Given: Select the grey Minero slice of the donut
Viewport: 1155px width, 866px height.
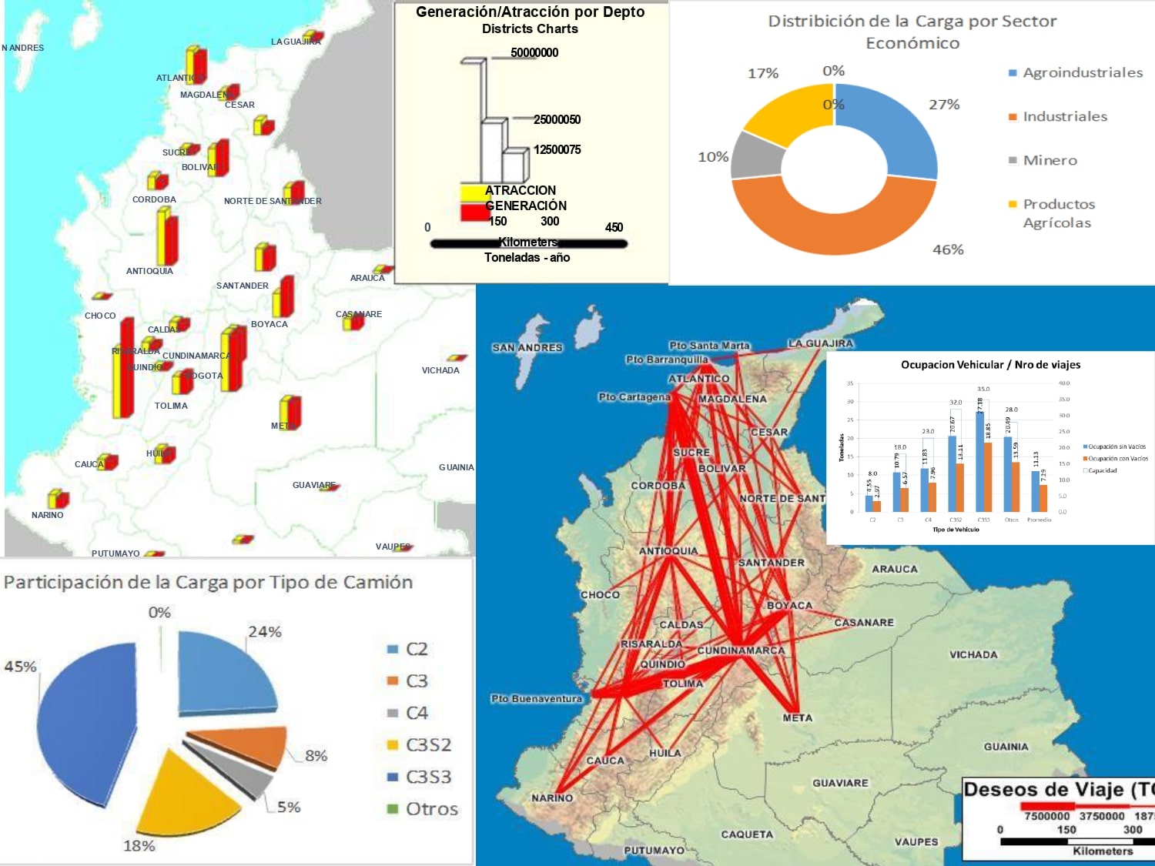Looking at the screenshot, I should click(756, 156).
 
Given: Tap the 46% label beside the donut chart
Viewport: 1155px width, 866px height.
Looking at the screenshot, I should click(948, 249).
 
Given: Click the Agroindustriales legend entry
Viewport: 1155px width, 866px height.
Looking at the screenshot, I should click(1082, 73).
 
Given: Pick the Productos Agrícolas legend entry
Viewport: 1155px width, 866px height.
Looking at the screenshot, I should click(1058, 213).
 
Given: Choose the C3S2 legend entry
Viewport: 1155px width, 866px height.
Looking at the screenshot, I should click(427, 745).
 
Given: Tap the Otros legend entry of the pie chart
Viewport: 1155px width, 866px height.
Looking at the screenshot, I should click(430, 809).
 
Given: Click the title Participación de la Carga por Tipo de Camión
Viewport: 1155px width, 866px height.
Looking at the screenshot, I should click(208, 583).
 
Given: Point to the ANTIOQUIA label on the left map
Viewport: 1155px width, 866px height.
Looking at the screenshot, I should click(149, 271).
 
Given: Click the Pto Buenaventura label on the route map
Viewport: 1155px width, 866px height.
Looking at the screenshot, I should click(537, 699).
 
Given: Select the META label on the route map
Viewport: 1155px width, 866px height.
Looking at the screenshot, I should click(798, 717).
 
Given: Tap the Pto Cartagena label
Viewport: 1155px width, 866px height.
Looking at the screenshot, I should click(634, 397).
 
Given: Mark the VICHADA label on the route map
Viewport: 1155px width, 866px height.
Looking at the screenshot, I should click(973, 655).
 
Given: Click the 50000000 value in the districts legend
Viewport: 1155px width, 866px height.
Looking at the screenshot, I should click(534, 52).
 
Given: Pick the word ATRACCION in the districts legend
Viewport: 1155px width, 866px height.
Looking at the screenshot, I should click(521, 190).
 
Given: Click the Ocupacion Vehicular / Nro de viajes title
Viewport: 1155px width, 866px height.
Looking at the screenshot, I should click(990, 365).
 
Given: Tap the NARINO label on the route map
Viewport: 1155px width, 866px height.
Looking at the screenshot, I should click(552, 798).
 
